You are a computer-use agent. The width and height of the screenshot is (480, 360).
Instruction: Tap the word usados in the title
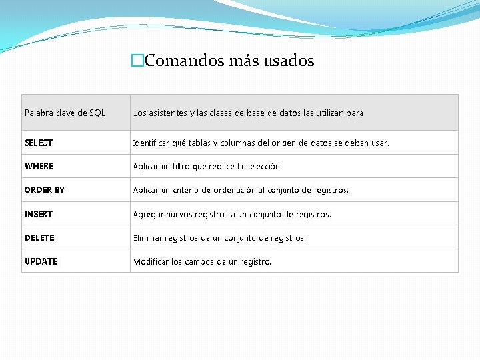click(x=289, y=61)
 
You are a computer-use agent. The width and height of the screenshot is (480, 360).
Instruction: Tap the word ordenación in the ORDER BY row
click(x=233, y=190)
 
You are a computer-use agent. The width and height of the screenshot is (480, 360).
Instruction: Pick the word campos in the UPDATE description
click(x=200, y=261)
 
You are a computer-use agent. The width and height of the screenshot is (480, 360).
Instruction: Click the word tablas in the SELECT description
click(x=200, y=143)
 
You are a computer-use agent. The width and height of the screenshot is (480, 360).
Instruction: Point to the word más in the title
click(x=244, y=61)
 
